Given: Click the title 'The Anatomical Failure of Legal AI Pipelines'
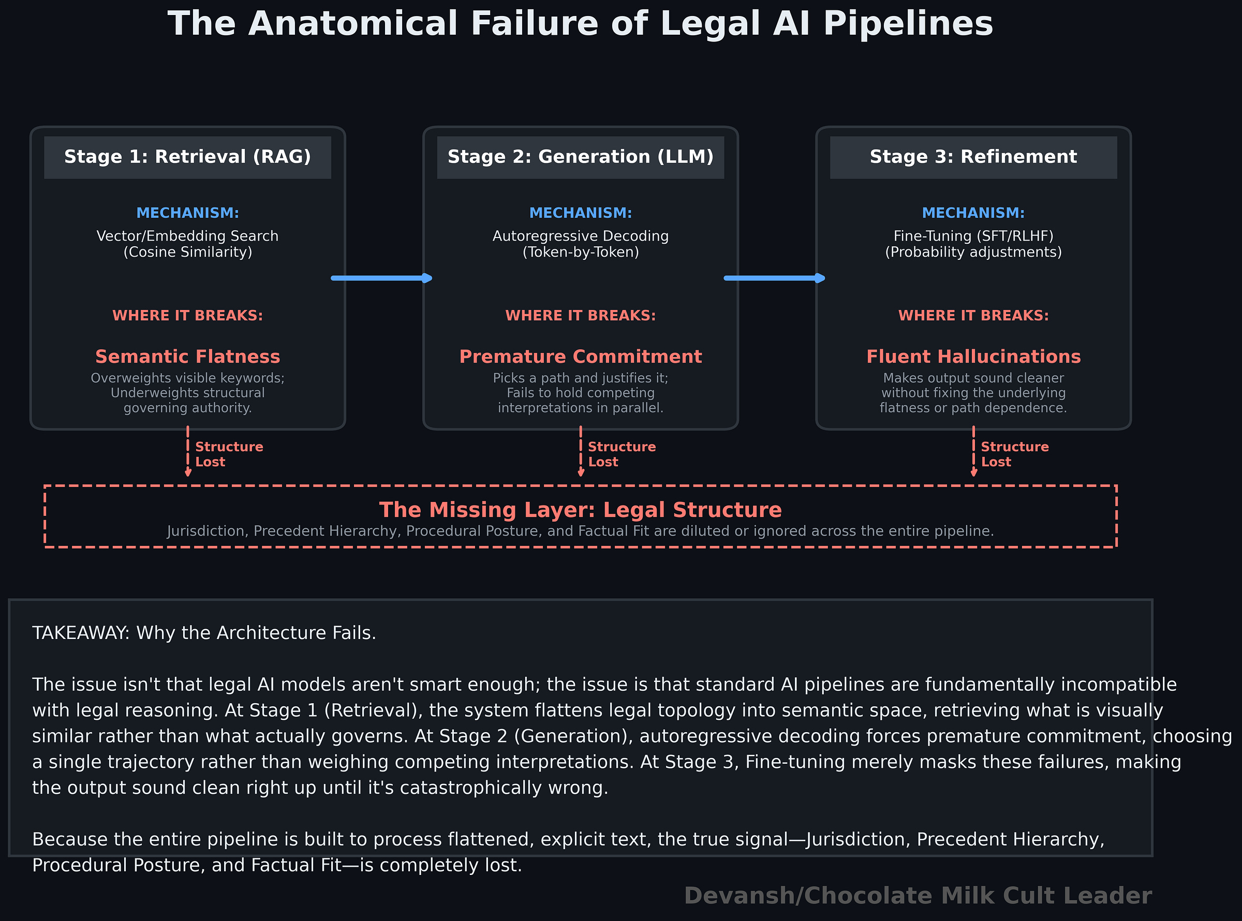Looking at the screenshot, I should click(580, 24).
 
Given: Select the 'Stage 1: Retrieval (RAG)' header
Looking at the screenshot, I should click(187, 157).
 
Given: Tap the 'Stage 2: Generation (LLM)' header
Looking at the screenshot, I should click(580, 157).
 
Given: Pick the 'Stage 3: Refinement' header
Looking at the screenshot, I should click(973, 157).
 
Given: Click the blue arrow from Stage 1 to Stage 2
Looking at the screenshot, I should click(382, 278).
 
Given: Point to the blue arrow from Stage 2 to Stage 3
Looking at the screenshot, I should click(774, 278).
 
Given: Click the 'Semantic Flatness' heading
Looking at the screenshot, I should click(187, 356).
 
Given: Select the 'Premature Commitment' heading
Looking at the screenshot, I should click(580, 356).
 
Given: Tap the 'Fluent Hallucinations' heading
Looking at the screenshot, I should click(973, 356).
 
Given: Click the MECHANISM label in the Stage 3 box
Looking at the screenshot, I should click(973, 213).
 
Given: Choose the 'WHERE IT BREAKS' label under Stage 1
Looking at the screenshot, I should click(187, 316).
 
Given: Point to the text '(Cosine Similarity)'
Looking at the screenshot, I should click(187, 252).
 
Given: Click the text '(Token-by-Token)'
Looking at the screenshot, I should click(580, 252).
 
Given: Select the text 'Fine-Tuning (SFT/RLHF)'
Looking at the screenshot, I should click(973, 236).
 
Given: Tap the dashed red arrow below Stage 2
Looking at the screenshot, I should click(580, 452).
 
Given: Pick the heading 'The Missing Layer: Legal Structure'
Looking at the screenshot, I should click(580, 510).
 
